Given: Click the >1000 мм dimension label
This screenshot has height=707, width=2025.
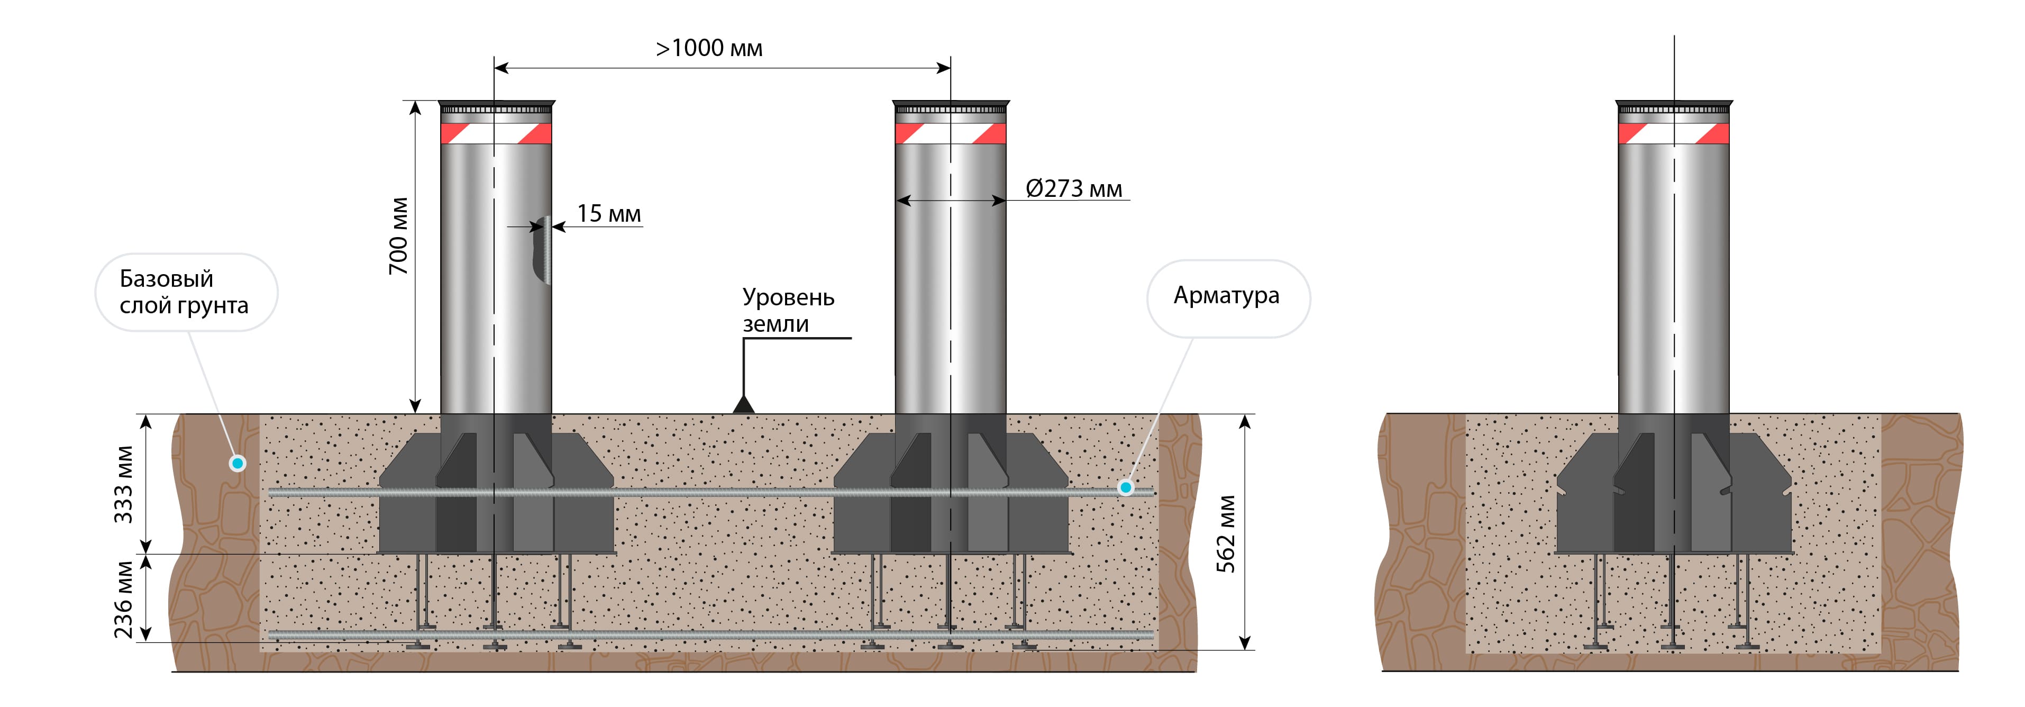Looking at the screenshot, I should point(708,48).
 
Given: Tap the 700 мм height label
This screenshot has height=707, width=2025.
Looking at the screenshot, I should point(398,236).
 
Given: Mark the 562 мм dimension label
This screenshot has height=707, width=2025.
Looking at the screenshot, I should point(1226,533).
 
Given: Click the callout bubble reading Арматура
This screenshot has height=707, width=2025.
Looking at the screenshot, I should point(1227,296).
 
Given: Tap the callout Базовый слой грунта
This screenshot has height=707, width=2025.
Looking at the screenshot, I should point(186,292).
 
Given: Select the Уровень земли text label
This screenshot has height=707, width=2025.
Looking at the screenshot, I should point(787,311).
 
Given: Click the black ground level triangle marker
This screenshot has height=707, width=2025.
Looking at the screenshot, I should point(744,405).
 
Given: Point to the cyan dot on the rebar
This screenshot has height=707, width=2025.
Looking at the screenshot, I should point(1126,487).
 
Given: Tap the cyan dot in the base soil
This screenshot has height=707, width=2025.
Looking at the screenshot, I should point(238,463).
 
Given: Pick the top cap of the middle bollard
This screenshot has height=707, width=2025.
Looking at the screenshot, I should point(951,107).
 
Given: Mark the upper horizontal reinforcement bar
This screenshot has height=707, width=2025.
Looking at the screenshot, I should point(707,492).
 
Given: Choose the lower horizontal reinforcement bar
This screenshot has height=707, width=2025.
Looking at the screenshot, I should point(707,634).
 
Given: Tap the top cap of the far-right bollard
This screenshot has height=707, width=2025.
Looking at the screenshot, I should point(1674,107).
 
